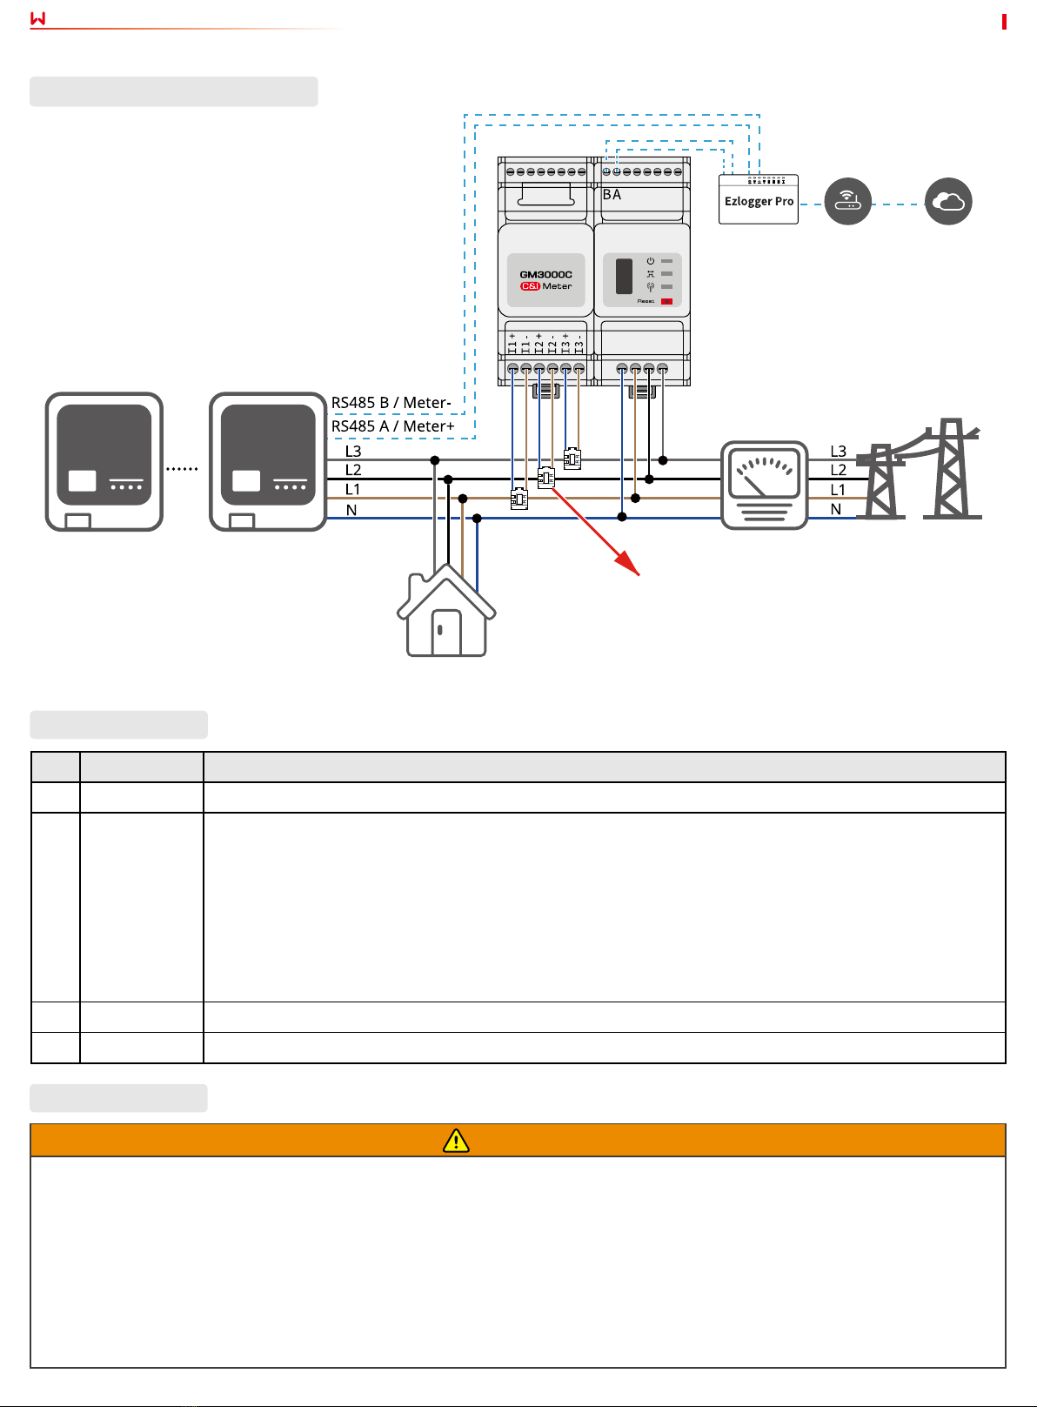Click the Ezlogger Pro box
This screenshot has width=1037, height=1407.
(x=759, y=201)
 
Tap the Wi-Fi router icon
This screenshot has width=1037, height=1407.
(x=847, y=202)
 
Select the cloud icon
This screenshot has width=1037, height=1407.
(x=947, y=202)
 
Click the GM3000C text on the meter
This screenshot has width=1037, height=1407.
(x=545, y=274)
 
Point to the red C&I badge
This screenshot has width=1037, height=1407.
(x=530, y=286)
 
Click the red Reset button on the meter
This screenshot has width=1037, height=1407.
(x=666, y=301)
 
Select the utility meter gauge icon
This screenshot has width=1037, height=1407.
(x=765, y=485)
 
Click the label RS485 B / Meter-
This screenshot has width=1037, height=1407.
(x=391, y=403)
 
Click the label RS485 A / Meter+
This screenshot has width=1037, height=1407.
(x=392, y=426)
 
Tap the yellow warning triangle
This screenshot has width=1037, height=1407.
(x=456, y=1140)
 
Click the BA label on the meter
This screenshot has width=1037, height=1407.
(x=612, y=195)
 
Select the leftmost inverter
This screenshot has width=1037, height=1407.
(x=104, y=461)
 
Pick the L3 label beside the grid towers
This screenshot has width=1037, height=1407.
(x=838, y=452)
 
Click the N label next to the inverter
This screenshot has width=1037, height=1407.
(x=351, y=510)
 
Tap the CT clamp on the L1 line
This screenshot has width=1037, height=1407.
(x=519, y=499)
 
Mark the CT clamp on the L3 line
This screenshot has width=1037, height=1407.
(x=572, y=459)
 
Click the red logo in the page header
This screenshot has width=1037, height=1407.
(x=37, y=18)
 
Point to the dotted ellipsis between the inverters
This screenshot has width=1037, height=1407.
(x=182, y=469)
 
